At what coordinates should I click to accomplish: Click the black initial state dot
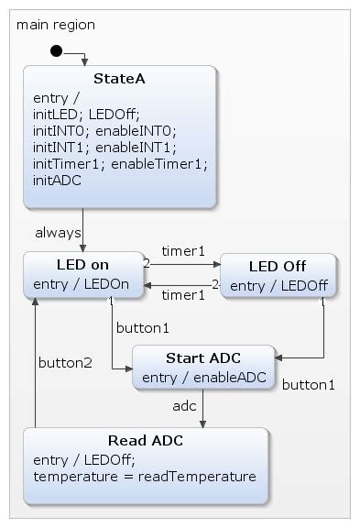[56, 50]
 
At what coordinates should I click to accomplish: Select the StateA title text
[119, 79]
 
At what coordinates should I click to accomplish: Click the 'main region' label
[56, 25]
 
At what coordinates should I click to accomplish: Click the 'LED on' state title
[82, 264]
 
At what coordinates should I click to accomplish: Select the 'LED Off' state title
[278, 266]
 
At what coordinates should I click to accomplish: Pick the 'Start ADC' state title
[202, 357]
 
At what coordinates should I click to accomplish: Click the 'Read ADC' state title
[145, 440]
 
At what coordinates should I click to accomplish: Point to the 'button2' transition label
[65, 362]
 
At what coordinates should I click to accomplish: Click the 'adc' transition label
[184, 404]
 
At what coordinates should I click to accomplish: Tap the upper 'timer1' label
[183, 249]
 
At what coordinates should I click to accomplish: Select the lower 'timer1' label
[183, 294]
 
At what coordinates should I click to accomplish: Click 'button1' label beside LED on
[142, 326]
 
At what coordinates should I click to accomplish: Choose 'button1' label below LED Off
[308, 384]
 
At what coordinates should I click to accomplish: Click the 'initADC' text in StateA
[57, 181]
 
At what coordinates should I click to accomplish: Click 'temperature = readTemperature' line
[144, 477]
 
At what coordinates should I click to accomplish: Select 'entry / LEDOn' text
[82, 283]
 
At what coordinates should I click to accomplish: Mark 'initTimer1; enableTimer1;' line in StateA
[120, 164]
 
